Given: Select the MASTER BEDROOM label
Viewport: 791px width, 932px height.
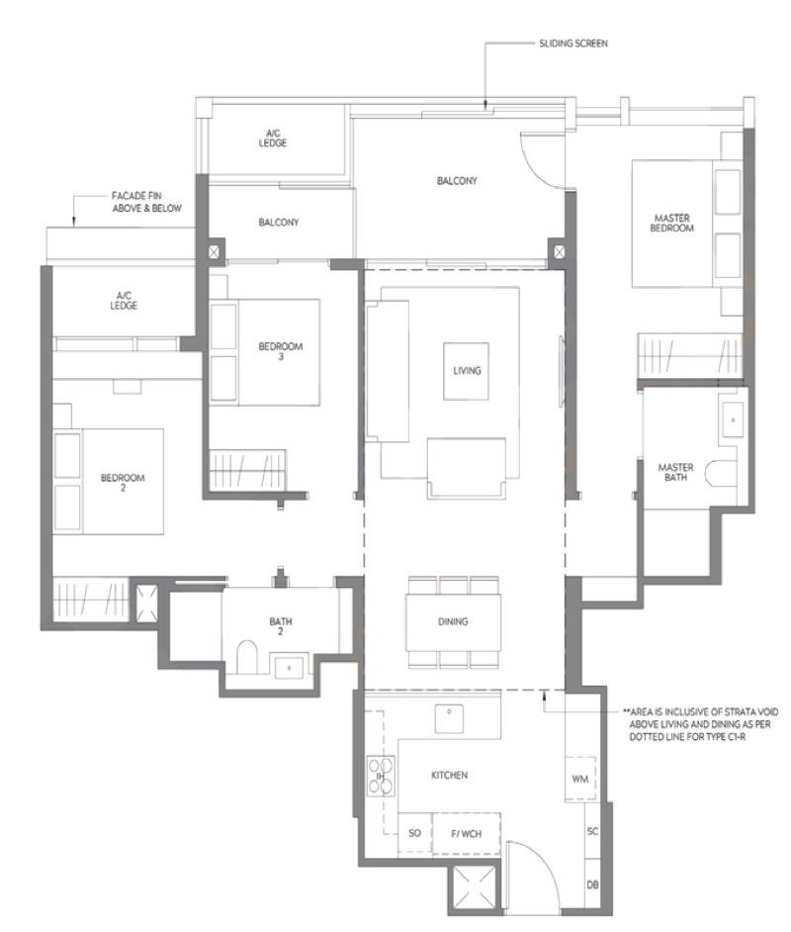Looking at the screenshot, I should point(672,223).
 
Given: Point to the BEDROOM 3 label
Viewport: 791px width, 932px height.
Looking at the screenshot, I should point(280,351).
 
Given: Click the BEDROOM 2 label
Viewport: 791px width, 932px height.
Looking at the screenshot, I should point(123,482).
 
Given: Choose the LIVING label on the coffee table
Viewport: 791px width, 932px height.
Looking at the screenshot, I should point(466,370).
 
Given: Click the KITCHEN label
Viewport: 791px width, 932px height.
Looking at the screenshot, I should point(449,775).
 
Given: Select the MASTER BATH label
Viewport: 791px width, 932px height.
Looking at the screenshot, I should point(675,473).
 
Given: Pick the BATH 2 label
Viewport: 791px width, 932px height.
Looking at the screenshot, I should point(281,626).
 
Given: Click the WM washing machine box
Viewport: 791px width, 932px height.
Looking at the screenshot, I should point(580,780).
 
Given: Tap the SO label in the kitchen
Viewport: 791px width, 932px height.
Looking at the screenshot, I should point(414,833).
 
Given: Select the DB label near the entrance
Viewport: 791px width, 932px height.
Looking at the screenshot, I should point(592,884).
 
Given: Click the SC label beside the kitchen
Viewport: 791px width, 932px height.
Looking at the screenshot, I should point(592,831).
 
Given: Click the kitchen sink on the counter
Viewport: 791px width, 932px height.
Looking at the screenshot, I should point(449,713).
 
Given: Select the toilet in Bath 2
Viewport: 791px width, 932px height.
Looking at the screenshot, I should point(247,656).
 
